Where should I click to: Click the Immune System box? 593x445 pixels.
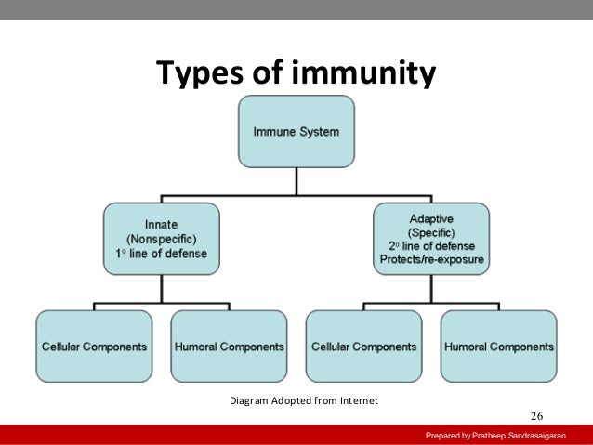click(296, 131)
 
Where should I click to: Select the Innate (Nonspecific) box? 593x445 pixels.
click(163, 239)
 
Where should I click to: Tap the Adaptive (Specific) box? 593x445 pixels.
click(430, 239)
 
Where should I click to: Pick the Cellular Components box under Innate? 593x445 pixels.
click(94, 347)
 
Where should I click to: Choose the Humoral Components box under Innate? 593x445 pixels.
click(229, 347)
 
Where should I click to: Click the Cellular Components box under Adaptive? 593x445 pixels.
click(363, 347)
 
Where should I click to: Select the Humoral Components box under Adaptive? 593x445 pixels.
click(499, 347)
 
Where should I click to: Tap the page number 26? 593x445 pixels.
click(536, 414)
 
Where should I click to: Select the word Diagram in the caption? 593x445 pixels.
click(250, 400)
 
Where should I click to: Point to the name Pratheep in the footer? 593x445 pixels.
click(492, 436)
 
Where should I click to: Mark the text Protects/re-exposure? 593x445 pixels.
click(430, 259)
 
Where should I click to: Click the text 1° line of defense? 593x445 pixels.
click(163, 254)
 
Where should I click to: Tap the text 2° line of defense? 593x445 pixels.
click(430, 245)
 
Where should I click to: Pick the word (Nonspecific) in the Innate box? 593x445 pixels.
click(163, 239)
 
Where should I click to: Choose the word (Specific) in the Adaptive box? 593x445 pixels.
click(430, 231)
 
